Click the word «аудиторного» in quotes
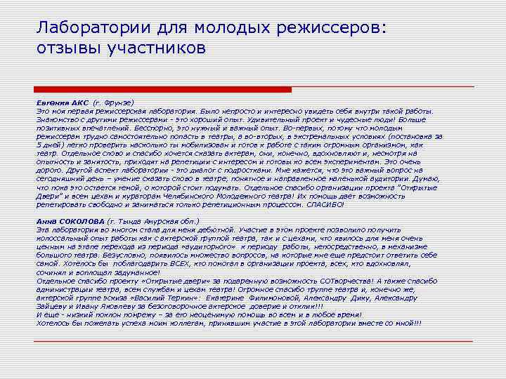205,247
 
